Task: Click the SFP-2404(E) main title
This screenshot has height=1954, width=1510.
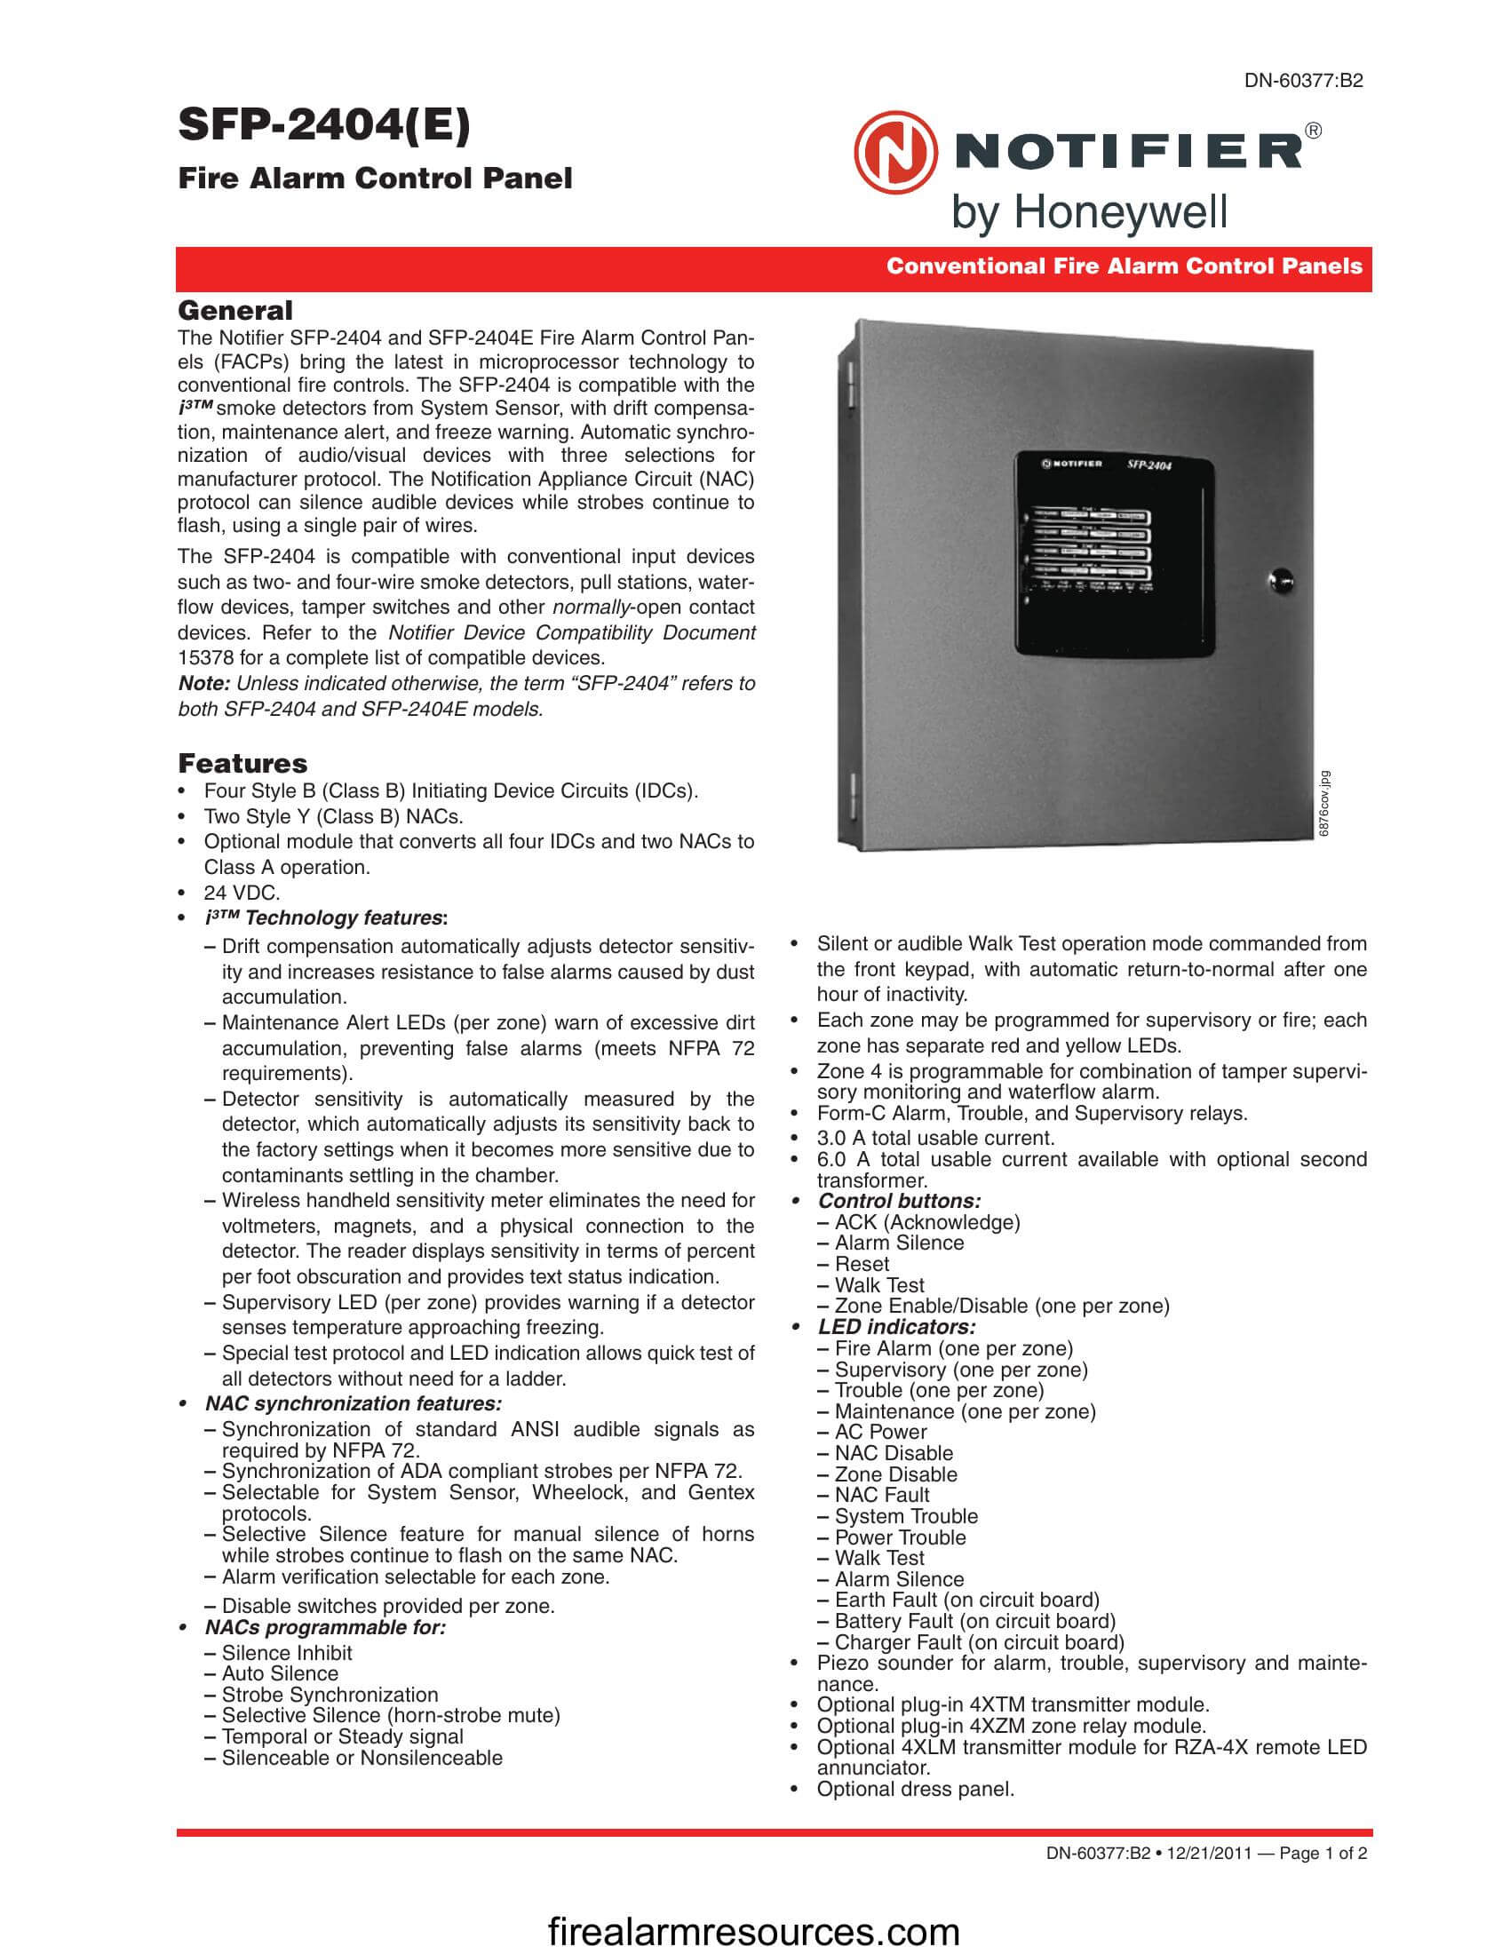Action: [324, 124]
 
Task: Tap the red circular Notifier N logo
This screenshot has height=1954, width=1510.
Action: [895, 153]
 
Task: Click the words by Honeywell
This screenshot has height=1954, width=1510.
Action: [1089, 213]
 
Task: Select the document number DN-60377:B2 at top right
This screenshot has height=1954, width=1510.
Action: [1303, 81]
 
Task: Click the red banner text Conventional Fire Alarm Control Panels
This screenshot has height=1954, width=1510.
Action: [1124, 266]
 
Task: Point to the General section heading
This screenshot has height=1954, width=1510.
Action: [235, 311]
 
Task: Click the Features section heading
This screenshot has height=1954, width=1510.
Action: [242, 763]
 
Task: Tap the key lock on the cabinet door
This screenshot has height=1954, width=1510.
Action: [1279, 579]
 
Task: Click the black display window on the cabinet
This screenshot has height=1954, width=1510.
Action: [1115, 552]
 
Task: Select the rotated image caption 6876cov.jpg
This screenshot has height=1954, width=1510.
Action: [1325, 804]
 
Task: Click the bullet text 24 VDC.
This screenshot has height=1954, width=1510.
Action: [242, 892]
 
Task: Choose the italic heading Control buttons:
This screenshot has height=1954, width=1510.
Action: [899, 1201]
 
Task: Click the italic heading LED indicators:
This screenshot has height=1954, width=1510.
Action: [896, 1327]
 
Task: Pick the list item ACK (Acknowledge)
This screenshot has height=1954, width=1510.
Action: [926, 1222]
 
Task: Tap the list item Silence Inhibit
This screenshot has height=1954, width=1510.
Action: [286, 1653]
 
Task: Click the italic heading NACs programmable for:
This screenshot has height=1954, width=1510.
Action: [325, 1627]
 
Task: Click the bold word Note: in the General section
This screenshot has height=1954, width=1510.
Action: [204, 684]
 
